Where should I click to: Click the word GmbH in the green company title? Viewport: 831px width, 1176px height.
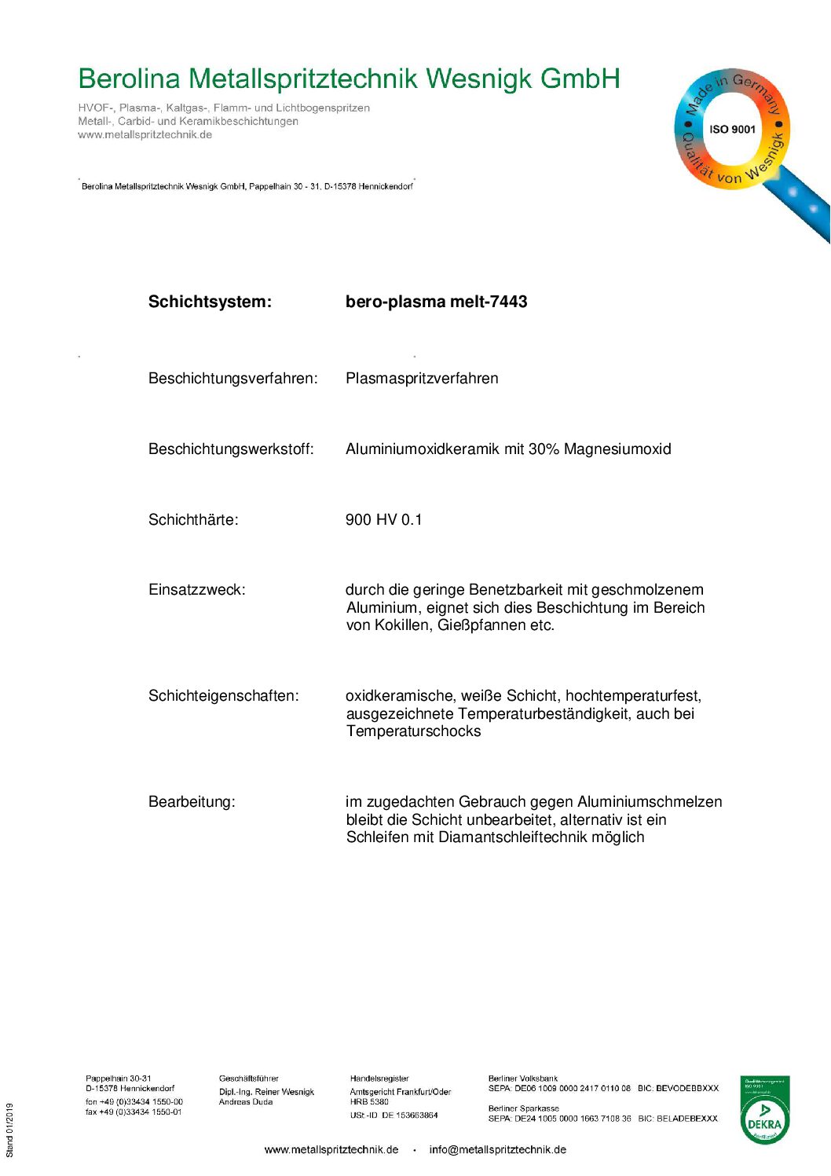(580, 79)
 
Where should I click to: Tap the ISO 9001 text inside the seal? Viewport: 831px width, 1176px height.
(732, 130)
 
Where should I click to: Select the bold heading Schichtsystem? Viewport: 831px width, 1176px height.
(210, 302)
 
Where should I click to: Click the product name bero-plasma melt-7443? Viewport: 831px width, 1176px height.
(436, 302)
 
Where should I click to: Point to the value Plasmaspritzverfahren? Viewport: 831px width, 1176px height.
(422, 379)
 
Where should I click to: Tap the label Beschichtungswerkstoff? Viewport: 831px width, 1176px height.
(231, 449)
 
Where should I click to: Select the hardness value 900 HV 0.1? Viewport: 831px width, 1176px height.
(383, 520)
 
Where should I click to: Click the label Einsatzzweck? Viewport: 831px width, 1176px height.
(196, 590)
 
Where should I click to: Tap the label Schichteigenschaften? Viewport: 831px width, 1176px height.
(223, 696)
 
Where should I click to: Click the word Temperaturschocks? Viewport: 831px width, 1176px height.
(413, 731)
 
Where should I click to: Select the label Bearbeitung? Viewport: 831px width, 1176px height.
(192, 802)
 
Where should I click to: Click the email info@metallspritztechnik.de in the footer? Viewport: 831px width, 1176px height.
(497, 1150)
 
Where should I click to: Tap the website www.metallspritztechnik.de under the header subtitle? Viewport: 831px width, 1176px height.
(145, 135)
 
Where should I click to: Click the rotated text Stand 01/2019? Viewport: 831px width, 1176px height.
(10, 1130)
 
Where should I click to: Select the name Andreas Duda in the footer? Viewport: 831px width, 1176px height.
(246, 1102)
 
